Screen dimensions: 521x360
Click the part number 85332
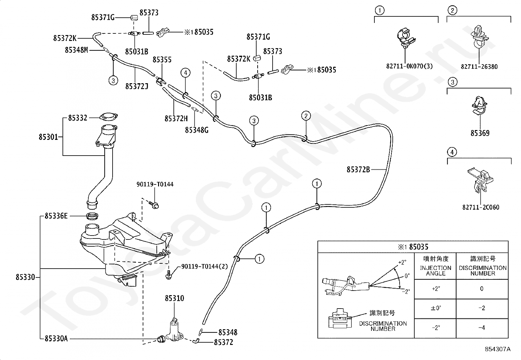(78, 118)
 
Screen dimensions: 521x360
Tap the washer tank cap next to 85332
(108, 117)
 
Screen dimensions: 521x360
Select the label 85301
(48, 137)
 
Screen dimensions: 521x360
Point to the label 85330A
(56, 339)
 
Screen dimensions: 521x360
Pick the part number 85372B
(358, 170)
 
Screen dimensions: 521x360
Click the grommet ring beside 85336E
(92, 216)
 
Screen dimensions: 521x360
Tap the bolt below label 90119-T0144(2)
(169, 275)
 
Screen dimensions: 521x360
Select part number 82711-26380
(479, 66)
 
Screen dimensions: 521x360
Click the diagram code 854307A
(498, 349)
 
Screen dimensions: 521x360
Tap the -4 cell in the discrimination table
(481, 328)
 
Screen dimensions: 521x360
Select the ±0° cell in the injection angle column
(436, 308)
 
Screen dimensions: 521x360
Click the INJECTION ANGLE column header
(435, 271)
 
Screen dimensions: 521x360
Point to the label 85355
(162, 60)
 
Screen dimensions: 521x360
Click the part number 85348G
(197, 130)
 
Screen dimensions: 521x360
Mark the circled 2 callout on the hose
(306, 116)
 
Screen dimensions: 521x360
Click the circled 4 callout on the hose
(186, 73)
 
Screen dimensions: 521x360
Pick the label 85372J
(136, 86)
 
